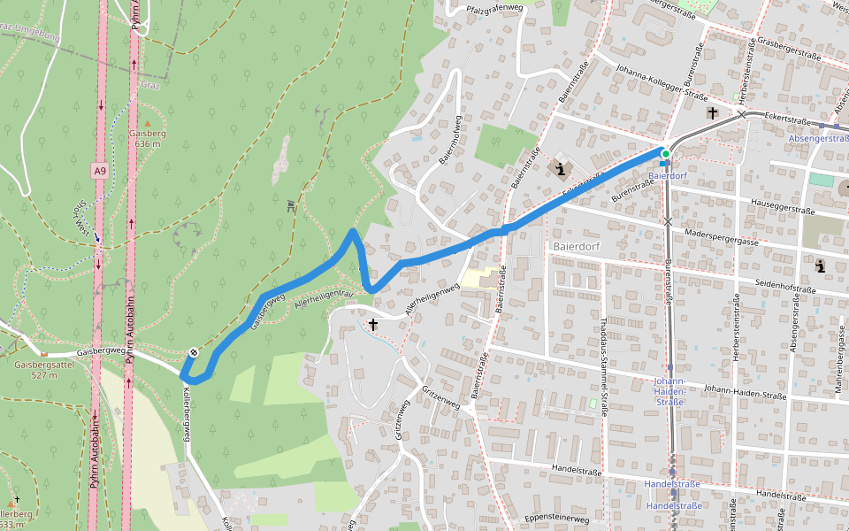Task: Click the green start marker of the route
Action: point(665,154)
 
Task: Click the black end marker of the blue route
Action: point(193,352)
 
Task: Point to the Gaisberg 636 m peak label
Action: point(148,138)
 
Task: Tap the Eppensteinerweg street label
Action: point(557,518)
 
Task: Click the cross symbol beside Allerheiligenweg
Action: point(373,326)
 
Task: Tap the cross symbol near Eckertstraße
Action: point(712,113)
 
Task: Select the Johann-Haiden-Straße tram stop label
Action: point(669,391)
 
